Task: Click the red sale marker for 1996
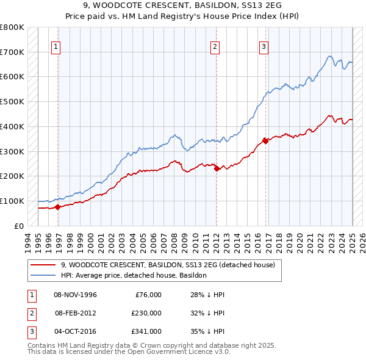57,207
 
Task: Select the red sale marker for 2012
217,168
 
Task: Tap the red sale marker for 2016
265,141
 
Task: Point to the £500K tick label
12,102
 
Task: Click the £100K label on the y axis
12,201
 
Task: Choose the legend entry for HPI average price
134,275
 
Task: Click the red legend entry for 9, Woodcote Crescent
168,265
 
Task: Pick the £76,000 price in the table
146,295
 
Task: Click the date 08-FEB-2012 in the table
76,313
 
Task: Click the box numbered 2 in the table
31,313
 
